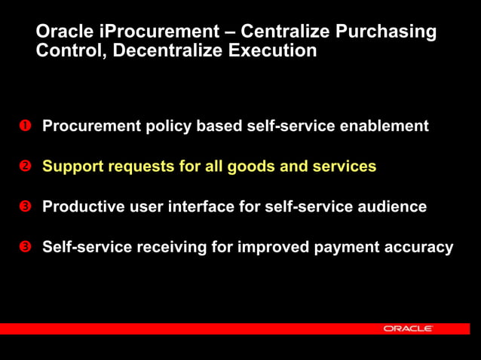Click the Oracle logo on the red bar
407,329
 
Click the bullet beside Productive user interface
24,206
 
